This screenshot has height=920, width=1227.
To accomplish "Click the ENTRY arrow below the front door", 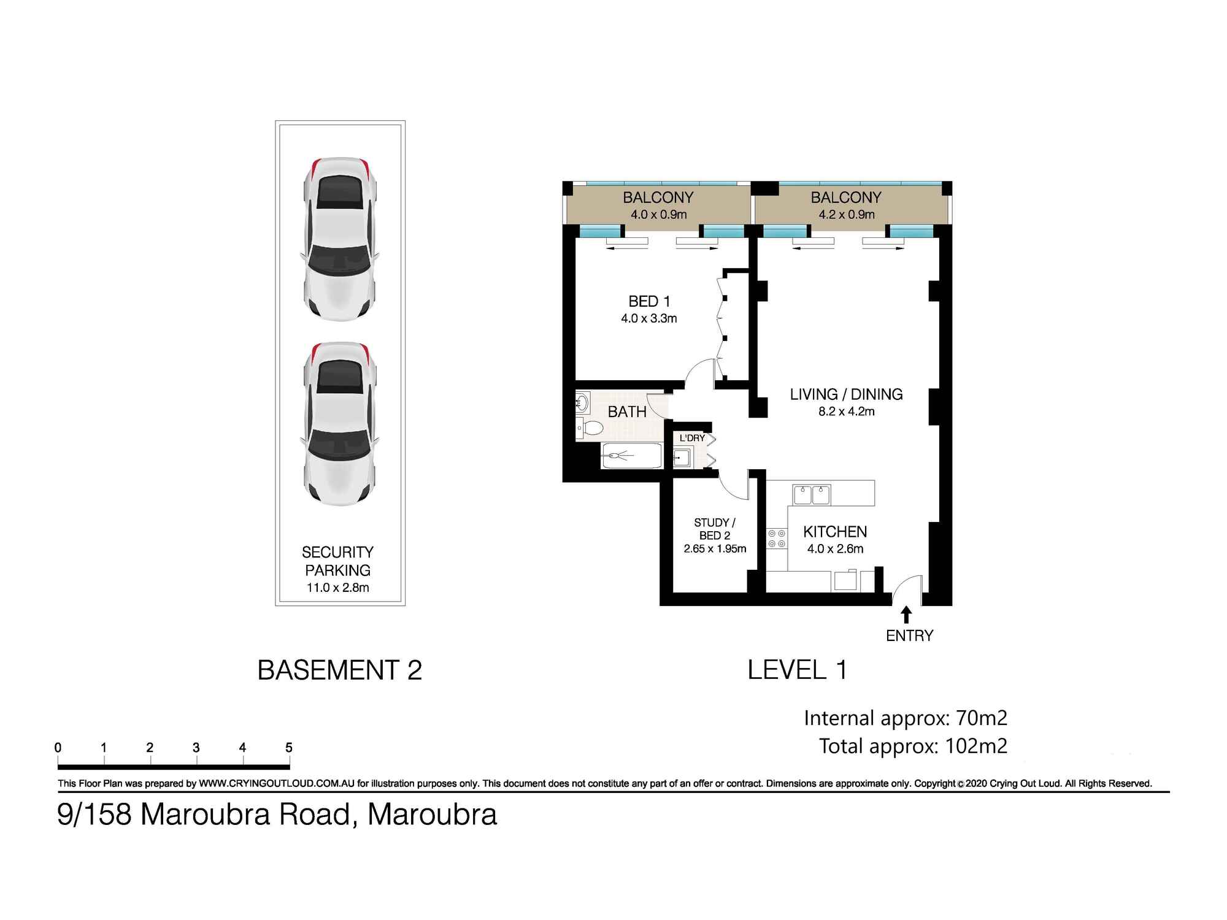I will click(907, 615).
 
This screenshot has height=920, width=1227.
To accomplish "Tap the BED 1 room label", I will click(649, 301).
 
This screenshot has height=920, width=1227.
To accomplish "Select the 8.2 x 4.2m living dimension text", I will click(846, 412).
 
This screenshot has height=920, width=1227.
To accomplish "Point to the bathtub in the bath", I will click(631, 456).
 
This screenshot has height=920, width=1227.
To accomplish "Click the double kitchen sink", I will click(811, 494).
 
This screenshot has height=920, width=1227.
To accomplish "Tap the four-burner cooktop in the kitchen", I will click(777, 539).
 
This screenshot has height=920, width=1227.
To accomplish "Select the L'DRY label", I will click(692, 438).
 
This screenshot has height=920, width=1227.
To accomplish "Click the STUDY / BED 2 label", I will click(715, 529).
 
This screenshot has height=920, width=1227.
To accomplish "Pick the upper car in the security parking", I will click(340, 239).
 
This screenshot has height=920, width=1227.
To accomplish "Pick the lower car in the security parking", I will click(340, 423).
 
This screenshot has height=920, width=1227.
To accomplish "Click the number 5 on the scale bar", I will click(289, 748).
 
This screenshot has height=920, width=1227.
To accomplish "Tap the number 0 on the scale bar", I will click(58, 748).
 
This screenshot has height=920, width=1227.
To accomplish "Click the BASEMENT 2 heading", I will click(339, 670).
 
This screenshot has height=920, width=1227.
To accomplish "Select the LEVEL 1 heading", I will click(797, 670).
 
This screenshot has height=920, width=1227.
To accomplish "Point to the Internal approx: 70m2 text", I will click(905, 718).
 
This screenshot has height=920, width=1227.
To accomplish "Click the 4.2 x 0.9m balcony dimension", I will click(846, 215).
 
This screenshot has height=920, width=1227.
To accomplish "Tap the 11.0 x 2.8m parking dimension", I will click(337, 588).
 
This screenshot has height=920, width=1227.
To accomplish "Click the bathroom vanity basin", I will click(582, 403).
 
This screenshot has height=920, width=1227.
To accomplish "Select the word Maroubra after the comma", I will click(432, 815).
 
